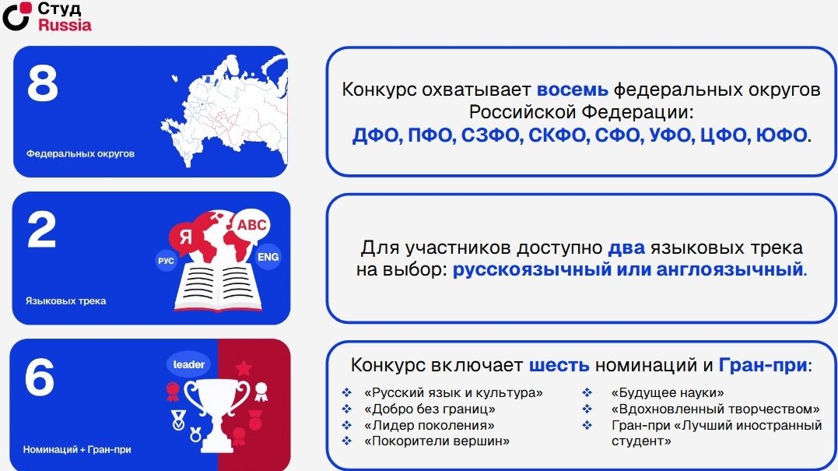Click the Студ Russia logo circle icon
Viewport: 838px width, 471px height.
(16, 16)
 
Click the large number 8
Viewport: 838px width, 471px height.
(43, 83)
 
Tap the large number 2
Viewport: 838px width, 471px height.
(42, 230)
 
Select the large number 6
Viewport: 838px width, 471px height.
(40, 377)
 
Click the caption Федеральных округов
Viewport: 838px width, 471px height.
(80, 154)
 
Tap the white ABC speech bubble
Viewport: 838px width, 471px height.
(251, 225)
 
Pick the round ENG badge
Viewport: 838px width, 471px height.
(268, 257)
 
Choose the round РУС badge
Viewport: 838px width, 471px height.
(167, 261)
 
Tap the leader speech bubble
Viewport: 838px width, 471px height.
(188, 364)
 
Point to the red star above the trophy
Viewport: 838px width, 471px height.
(244, 367)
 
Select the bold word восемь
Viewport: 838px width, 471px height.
(573, 90)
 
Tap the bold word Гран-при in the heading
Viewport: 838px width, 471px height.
(763, 365)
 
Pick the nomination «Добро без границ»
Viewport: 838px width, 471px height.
(430, 409)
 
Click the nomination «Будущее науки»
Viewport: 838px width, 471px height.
(668, 393)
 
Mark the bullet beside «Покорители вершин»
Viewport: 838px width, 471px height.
(347, 441)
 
